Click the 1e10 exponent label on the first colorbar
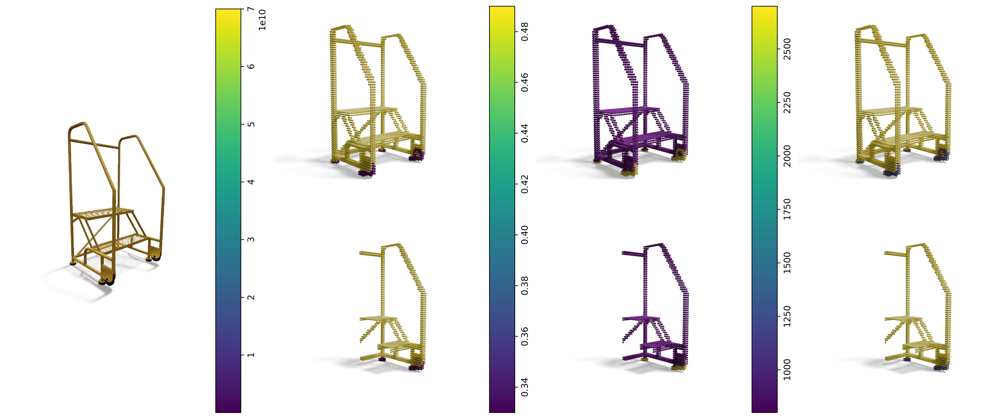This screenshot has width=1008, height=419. (262, 20)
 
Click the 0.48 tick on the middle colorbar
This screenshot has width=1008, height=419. (525, 31)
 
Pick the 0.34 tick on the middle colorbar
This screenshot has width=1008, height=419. (525, 387)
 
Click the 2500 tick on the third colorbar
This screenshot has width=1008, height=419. (787, 49)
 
